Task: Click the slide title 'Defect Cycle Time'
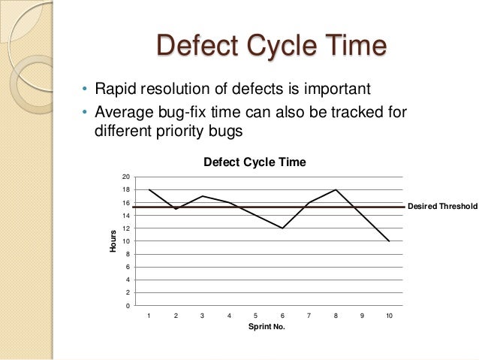pos(271,46)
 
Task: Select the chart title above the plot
pos(255,162)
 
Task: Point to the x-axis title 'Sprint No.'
pos(267,328)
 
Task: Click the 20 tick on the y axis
pos(126,177)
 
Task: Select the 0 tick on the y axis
pos(128,306)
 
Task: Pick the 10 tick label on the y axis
pos(126,241)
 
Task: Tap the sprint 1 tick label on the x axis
pos(149,316)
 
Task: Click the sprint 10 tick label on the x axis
pos(389,316)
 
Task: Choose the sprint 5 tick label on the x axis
pos(255,316)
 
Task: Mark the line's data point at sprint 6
pos(282,228)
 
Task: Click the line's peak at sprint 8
pos(336,189)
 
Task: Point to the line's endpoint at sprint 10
pos(389,241)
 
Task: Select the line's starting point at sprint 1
pos(149,189)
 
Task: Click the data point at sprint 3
pos(202,196)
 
